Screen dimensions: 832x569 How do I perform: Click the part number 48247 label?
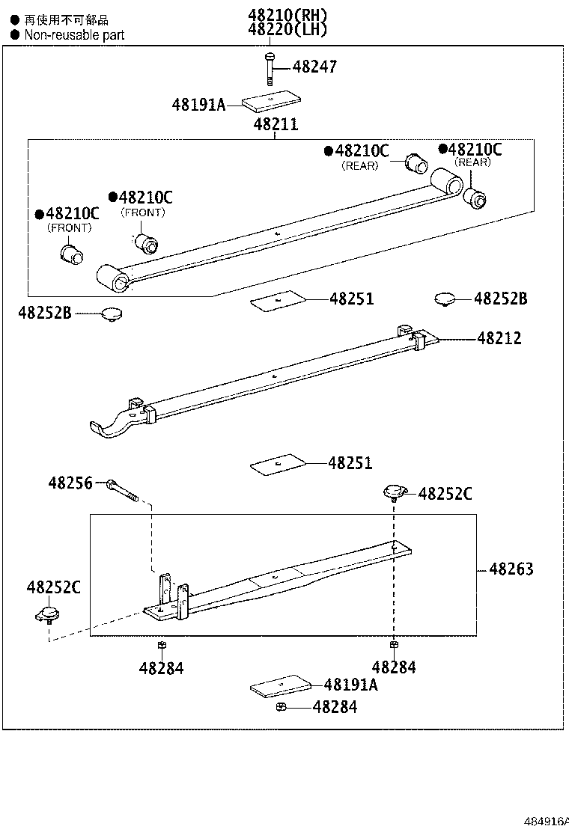(314, 67)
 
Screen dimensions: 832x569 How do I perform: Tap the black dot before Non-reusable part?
(14, 34)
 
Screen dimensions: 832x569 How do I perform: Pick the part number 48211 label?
(275, 124)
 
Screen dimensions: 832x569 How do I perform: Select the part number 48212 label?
(499, 338)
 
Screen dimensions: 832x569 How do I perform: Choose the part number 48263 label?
(511, 569)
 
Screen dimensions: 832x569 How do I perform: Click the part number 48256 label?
(70, 483)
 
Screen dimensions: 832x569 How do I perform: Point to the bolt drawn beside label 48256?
(123, 489)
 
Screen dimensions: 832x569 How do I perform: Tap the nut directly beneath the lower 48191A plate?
(280, 707)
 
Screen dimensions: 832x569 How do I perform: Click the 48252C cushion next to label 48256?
(394, 492)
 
